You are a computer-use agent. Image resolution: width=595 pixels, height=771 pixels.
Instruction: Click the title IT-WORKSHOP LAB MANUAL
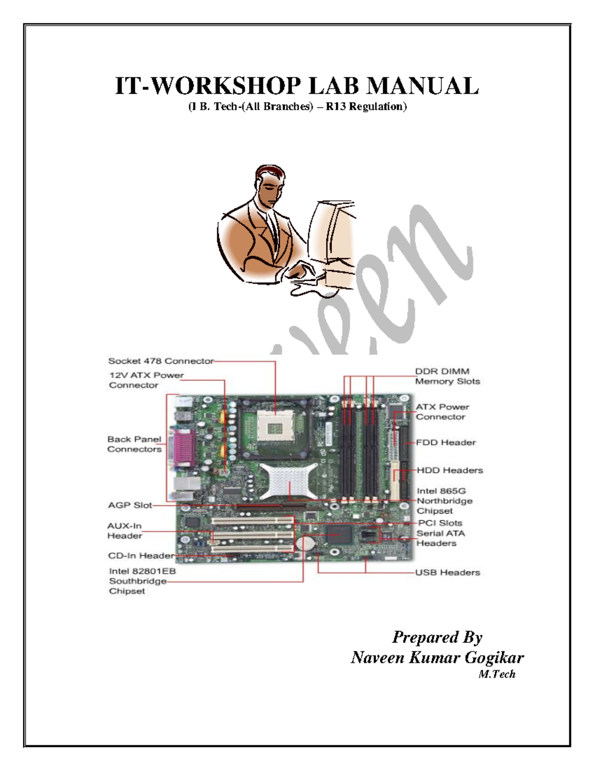tap(297, 85)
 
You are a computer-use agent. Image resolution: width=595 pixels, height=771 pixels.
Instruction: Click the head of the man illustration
tap(270, 184)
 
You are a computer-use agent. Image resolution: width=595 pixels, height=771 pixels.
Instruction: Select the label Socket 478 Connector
tap(161, 361)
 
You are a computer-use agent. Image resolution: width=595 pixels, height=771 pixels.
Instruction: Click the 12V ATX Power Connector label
tap(146, 380)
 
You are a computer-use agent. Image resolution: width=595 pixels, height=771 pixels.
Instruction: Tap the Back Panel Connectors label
tap(134, 444)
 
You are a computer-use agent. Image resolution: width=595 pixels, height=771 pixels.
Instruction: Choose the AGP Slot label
tap(130, 505)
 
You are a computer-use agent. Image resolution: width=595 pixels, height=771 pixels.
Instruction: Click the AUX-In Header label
tap(124, 531)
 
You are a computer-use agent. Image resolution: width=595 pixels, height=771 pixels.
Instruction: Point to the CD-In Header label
tap(141, 556)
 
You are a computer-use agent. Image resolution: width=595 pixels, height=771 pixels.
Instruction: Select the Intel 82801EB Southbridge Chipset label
tap(142, 581)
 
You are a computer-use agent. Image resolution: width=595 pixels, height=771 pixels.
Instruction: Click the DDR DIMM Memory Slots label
tap(447, 376)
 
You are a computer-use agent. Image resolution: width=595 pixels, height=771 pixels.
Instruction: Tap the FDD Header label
tap(446, 442)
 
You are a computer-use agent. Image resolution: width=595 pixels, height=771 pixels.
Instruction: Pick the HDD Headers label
tap(449, 470)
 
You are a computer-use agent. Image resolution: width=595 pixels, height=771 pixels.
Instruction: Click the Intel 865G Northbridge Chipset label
tap(444, 501)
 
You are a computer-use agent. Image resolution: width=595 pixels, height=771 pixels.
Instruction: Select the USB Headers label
tap(447, 572)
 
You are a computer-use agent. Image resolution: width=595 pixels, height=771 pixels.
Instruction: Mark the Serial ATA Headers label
tap(440, 538)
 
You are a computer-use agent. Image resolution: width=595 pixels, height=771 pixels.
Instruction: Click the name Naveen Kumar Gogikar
tap(437, 658)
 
